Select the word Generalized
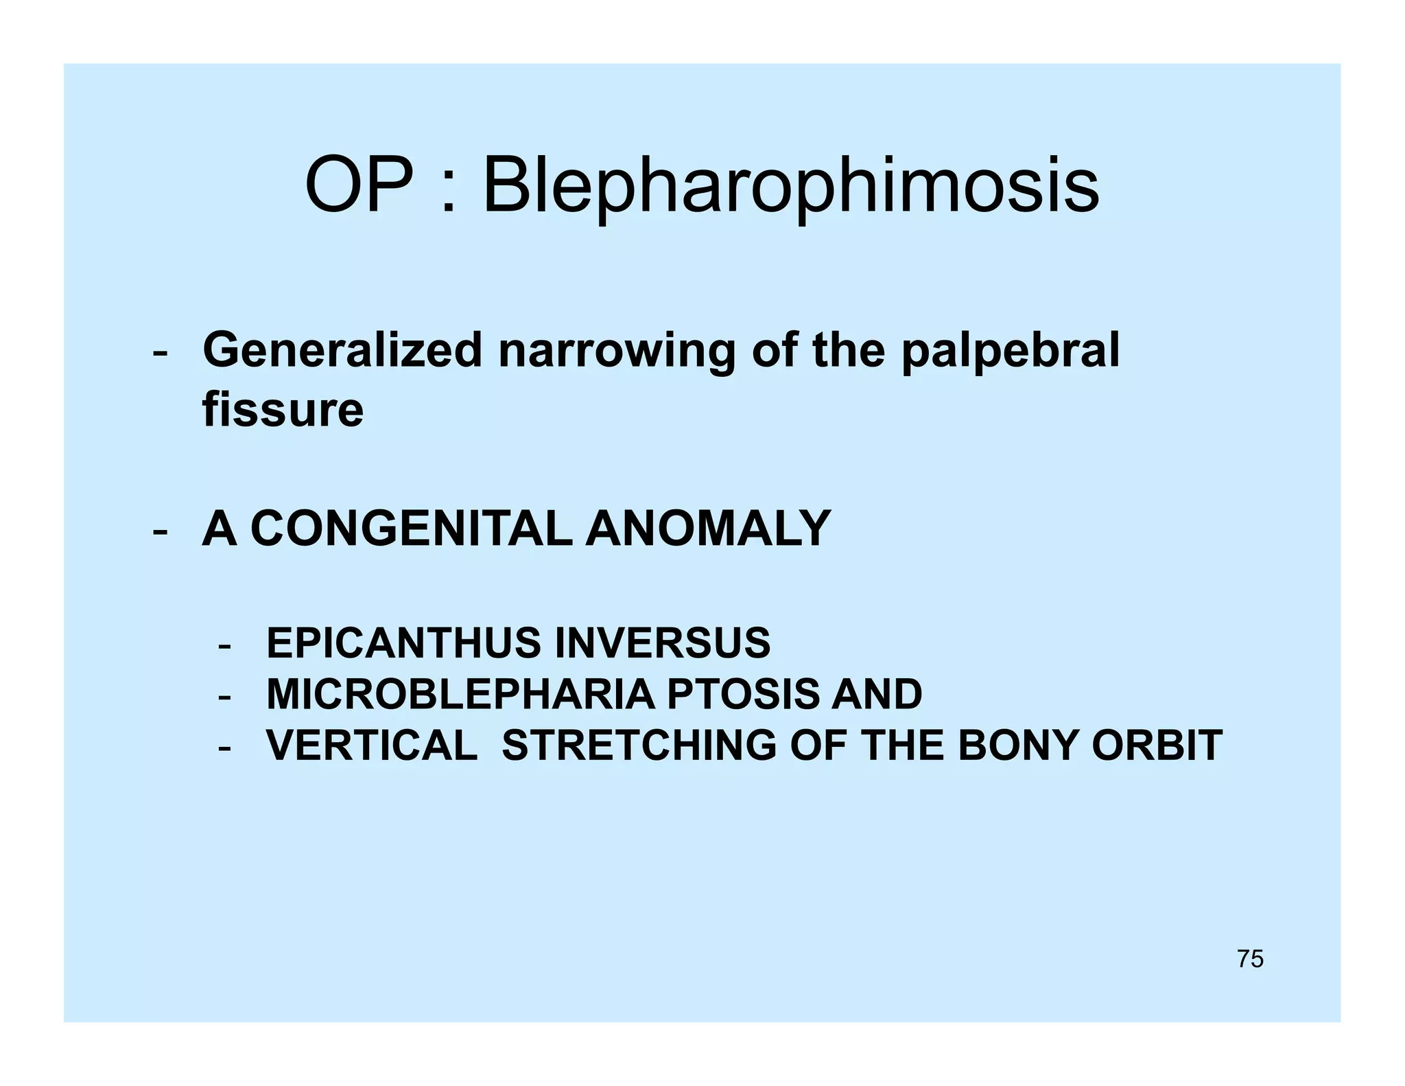click(342, 351)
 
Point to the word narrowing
click(617, 352)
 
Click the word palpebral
click(1010, 352)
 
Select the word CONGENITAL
click(411, 529)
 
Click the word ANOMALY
click(708, 529)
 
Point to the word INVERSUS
click(662, 643)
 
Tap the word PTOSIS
click(742, 694)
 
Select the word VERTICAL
click(372, 746)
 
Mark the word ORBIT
click(1157, 746)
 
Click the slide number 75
click(1250, 959)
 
